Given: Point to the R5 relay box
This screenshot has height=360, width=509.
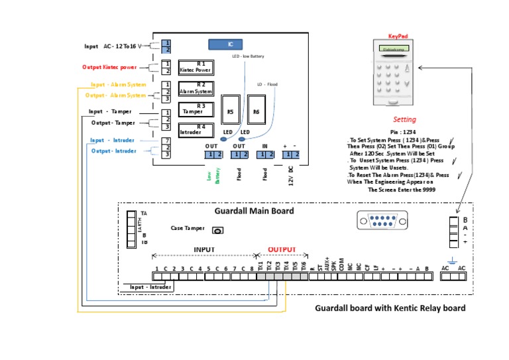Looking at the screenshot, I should click(x=230, y=111).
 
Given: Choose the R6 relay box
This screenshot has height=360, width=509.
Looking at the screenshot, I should click(x=256, y=111).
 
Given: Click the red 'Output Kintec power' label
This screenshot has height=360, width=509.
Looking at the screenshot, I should click(x=110, y=67).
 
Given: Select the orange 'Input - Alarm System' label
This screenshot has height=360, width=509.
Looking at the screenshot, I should click(x=118, y=85).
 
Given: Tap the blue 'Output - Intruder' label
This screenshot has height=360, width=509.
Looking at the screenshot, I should click(x=114, y=150).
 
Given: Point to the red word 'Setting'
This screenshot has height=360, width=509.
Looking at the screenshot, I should click(x=404, y=120).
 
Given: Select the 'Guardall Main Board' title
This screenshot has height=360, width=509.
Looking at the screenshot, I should click(x=254, y=211).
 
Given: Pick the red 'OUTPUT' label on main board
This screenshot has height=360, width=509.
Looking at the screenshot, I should click(x=282, y=249).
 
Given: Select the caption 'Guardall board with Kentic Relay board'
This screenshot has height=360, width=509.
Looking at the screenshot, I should click(x=390, y=308).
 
